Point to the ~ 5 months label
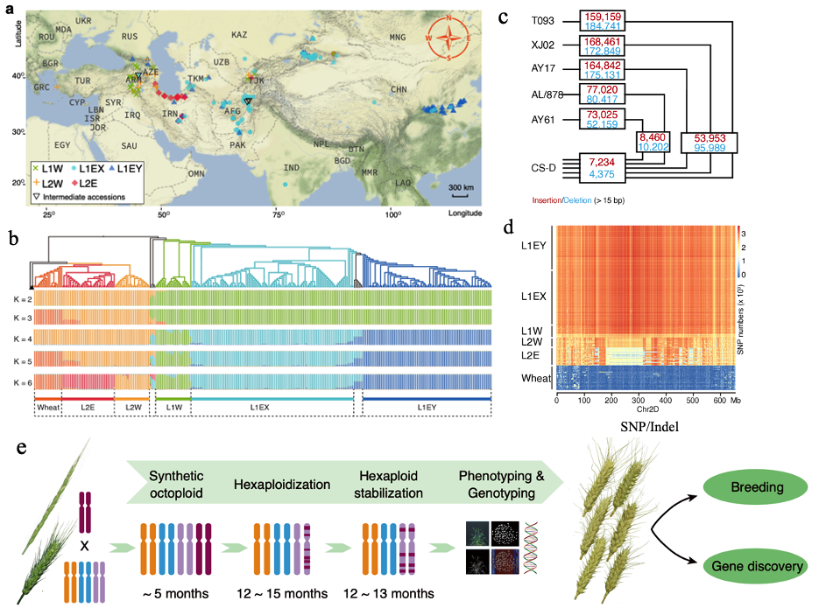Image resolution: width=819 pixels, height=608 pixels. (175, 593)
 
